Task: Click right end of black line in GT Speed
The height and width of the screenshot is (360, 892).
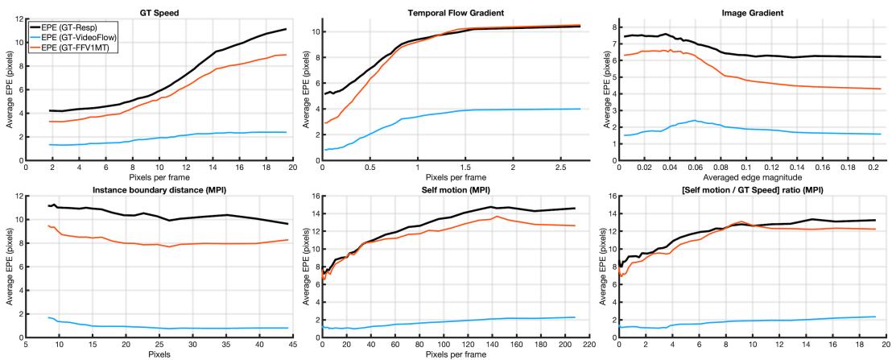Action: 286,29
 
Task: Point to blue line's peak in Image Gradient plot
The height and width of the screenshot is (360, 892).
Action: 694,121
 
